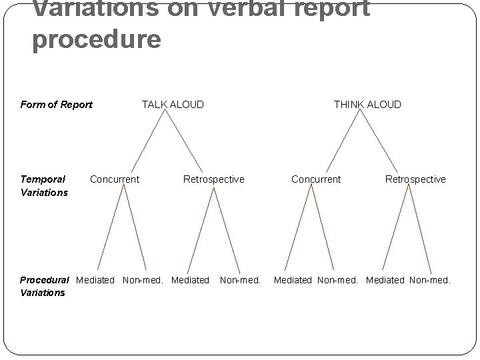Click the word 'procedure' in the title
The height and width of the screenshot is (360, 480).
97,39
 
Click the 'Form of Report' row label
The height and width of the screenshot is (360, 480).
57,104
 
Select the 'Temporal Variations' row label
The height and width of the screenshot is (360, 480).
44,185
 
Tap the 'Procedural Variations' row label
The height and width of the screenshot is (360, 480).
44,286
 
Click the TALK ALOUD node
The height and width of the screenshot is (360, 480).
173,104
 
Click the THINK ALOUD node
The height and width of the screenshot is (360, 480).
367,104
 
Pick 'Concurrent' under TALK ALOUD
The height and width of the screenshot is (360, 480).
115,179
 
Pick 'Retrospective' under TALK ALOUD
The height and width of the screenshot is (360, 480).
213,179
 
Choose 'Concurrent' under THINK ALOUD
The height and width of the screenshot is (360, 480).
316,179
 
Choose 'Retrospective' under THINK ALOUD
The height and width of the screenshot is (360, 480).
415,179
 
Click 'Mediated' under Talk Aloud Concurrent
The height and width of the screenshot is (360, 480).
95,280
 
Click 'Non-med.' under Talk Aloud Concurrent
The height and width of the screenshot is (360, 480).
143,280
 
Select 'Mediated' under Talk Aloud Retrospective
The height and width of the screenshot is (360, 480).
190,280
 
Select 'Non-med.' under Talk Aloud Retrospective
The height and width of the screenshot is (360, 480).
240,280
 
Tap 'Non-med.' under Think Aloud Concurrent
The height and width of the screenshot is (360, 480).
339,280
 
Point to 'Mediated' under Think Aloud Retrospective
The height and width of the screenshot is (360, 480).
385,280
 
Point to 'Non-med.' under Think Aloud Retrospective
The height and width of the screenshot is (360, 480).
430,280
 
